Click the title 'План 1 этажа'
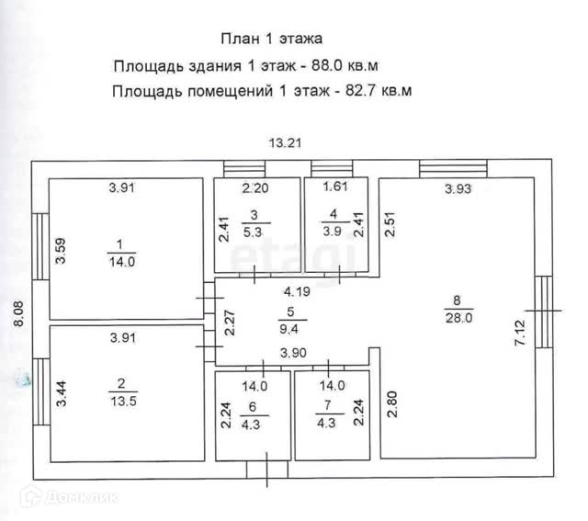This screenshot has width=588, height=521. pyautogui.click(x=271, y=39)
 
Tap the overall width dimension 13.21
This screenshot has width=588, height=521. pyautogui.click(x=285, y=142)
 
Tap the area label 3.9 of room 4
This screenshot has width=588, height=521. pyautogui.click(x=332, y=232)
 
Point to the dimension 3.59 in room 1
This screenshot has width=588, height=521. pyautogui.click(x=61, y=251)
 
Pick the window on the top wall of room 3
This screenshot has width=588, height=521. pyautogui.click(x=243, y=167)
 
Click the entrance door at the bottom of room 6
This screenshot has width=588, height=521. pyautogui.click(x=266, y=470)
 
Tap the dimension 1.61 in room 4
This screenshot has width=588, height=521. pyautogui.click(x=335, y=189)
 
